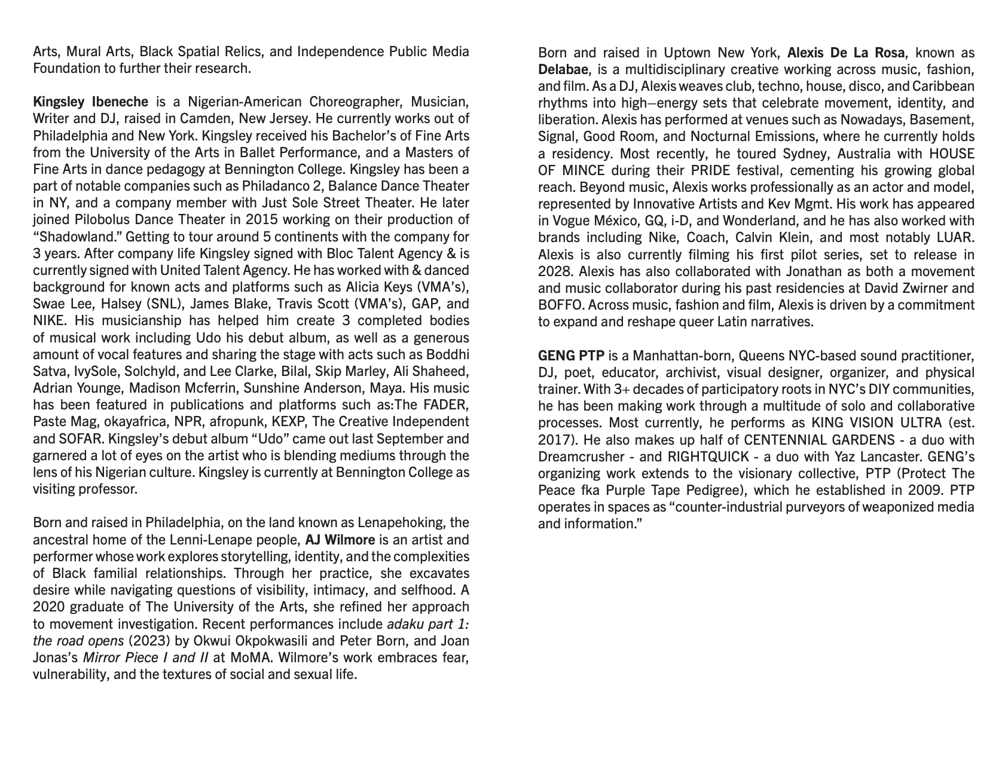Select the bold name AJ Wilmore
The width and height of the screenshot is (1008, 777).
[340, 540]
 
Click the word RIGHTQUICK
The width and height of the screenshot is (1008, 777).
[708, 457]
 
